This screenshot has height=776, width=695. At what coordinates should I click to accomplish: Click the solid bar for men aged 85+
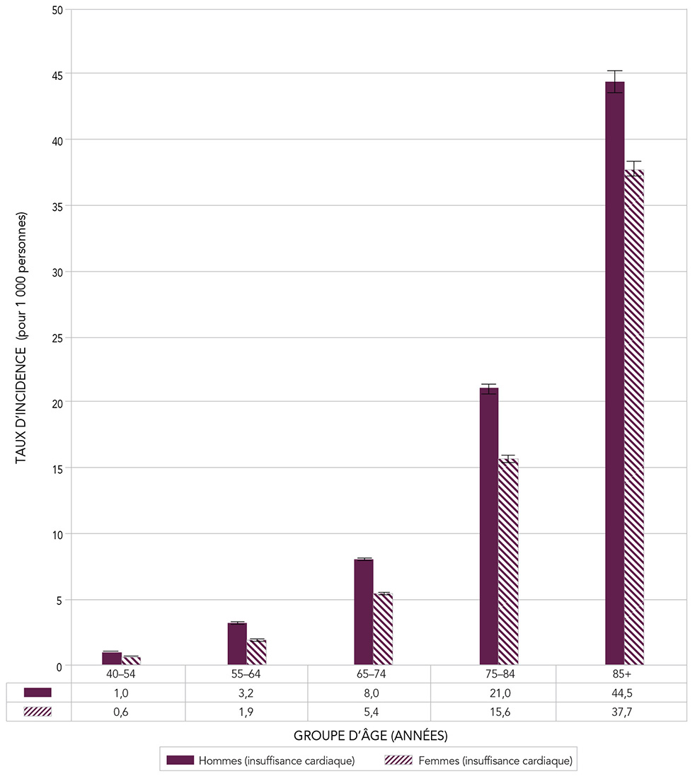point(614,375)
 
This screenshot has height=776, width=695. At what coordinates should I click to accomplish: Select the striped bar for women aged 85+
point(634,417)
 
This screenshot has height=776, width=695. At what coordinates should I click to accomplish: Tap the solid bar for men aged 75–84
point(488,527)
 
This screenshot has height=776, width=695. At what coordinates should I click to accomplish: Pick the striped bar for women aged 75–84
point(508,562)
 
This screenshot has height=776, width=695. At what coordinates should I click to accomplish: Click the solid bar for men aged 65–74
point(363,612)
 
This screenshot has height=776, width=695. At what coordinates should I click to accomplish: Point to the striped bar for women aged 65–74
point(382,630)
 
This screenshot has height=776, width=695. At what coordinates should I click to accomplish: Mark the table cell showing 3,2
point(246,693)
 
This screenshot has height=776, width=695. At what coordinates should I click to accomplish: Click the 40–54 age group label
point(122,674)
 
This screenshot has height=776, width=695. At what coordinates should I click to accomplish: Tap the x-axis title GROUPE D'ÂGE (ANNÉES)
point(371,736)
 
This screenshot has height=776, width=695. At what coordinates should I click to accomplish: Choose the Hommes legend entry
point(260,760)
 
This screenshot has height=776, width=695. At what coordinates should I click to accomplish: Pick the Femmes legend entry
point(478,760)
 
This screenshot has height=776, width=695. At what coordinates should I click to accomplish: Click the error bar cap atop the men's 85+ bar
point(614,71)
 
